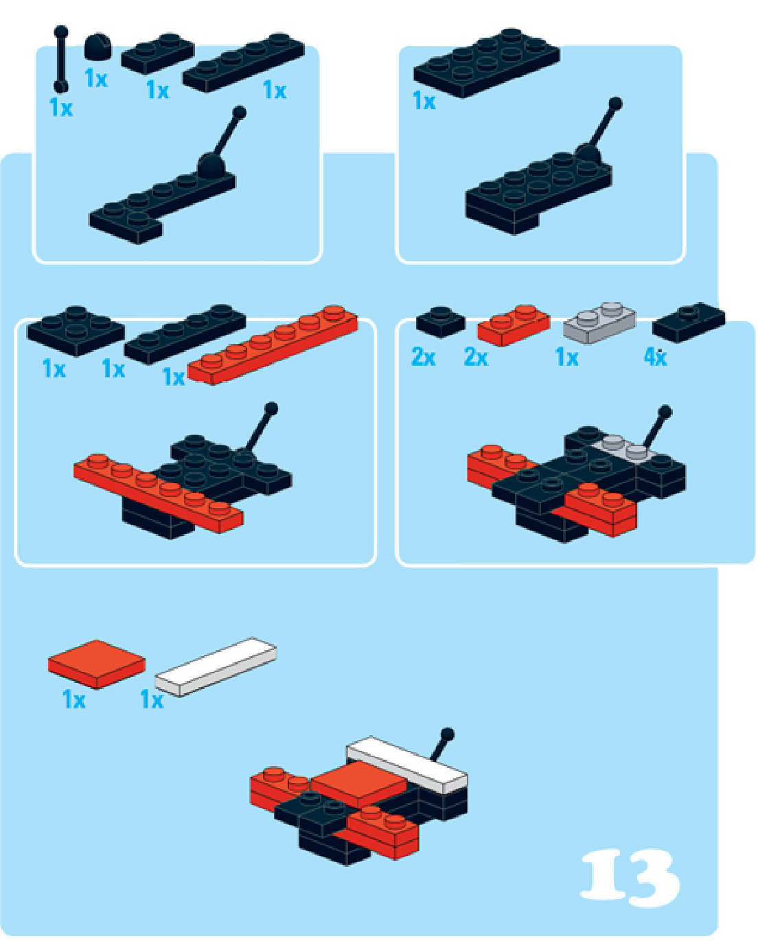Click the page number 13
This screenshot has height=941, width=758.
pyautogui.click(x=631, y=874)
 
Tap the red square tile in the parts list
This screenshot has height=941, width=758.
pyautogui.click(x=97, y=664)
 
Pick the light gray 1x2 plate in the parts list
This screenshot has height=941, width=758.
pyautogui.click(x=599, y=323)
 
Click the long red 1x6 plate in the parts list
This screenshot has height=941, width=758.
pyautogui.click(x=273, y=345)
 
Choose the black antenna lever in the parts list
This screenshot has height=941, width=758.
pyautogui.click(x=61, y=59)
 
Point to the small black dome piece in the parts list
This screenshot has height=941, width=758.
pyautogui.click(x=97, y=47)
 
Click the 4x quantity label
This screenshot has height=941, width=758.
pyautogui.click(x=655, y=358)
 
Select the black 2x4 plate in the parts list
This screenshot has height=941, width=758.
pyautogui.click(x=486, y=63)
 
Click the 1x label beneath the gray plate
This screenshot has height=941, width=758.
pyautogui.click(x=567, y=358)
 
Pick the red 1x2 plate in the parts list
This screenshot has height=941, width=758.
pyautogui.click(x=514, y=326)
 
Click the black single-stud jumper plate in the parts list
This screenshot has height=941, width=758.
pyautogui.click(x=689, y=323)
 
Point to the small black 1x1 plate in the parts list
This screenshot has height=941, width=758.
pyautogui.click(x=441, y=323)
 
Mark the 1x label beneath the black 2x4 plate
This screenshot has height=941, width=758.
pyautogui.click(x=424, y=102)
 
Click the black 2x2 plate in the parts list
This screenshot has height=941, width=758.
pyautogui.click(x=76, y=331)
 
